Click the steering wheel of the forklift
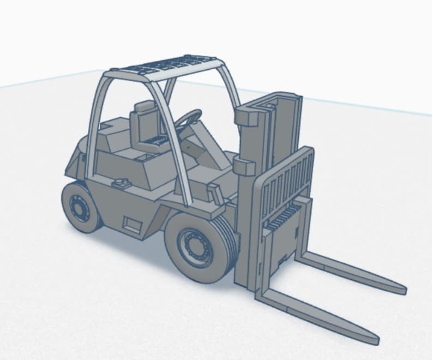pyautogui.click(x=190, y=116)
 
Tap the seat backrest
pyautogui.click(x=146, y=127)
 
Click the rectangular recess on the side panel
pyautogui.click(x=133, y=223)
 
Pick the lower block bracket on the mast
pyautogui.click(x=244, y=165)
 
